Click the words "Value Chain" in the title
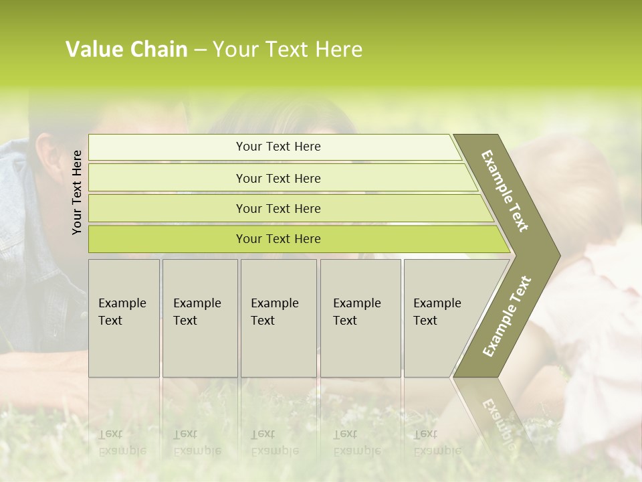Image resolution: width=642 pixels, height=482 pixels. coord(126,50)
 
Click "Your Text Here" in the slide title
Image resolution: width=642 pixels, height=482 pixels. coord(288,50)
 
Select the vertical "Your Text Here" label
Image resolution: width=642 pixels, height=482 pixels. coord(77,192)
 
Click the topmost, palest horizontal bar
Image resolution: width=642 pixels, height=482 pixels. coord(278,147)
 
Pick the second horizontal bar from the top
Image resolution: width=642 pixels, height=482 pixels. coord(278,178)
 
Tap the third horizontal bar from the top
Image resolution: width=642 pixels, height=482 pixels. coord(278,208)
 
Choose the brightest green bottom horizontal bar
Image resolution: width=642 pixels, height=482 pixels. coord(278,239)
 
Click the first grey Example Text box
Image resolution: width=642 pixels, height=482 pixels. coord(124,318)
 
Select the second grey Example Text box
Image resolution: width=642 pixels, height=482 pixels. coord(199,318)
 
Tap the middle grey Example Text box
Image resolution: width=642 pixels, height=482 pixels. coord(278,318)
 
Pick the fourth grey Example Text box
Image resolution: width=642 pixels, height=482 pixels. coord(360,318)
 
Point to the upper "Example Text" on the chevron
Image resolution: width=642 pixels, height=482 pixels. coord(505,191)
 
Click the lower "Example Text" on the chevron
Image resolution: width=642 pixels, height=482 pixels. coord(506,317)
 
